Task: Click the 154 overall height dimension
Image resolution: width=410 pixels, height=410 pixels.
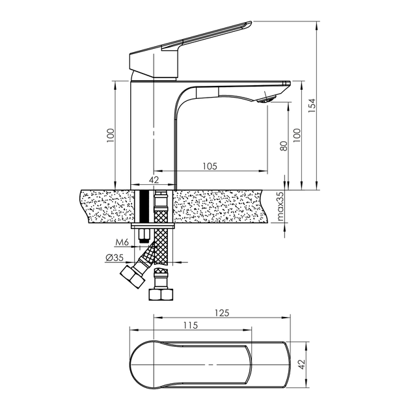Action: pyautogui.click(x=312, y=105)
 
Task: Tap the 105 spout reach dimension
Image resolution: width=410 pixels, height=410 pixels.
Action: pyautogui.click(x=210, y=166)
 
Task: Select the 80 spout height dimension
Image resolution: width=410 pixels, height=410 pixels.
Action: pyautogui.click(x=284, y=146)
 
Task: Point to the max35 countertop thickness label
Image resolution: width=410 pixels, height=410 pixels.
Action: pyautogui.click(x=280, y=206)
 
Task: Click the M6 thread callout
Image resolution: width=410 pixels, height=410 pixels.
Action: pyautogui.click(x=122, y=243)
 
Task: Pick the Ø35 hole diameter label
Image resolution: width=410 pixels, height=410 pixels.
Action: pyautogui.click(x=115, y=258)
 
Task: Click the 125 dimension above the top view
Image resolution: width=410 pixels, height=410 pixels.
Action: pyautogui.click(x=222, y=313)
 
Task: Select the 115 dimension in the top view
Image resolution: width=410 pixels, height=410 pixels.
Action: pyautogui.click(x=190, y=325)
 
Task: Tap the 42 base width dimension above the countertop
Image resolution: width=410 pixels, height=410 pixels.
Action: pyautogui.click(x=154, y=180)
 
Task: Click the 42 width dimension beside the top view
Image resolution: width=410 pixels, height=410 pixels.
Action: pyautogui.click(x=302, y=364)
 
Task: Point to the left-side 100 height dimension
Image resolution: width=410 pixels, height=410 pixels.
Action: pyautogui.click(x=111, y=135)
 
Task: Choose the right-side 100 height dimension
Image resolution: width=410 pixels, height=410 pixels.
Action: pyautogui.click(x=297, y=135)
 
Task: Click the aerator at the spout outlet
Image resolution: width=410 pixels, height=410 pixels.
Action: pyautogui.click(x=266, y=100)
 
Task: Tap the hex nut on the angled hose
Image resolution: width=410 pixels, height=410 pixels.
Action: pyautogui.click(x=133, y=277)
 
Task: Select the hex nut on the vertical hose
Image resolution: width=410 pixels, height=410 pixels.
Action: pyautogui.click(x=161, y=294)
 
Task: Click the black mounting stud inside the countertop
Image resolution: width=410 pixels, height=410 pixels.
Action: pyautogui.click(x=144, y=206)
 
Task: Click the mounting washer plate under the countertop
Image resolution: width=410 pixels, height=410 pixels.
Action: pyautogui.click(x=153, y=226)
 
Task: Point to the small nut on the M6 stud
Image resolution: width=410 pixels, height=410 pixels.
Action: pyautogui.click(x=144, y=234)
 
